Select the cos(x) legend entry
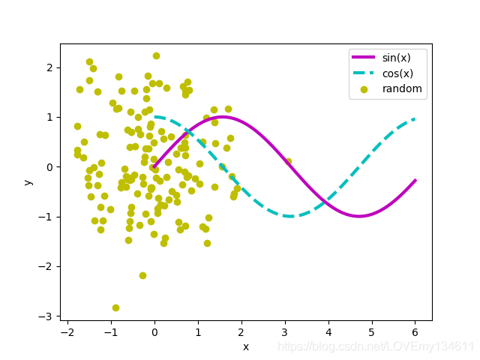[x=397, y=73]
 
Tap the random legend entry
[x=402, y=88]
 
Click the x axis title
[x=246, y=346]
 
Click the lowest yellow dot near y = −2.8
[x=115, y=307]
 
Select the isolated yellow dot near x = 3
[x=288, y=161]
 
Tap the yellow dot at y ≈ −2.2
[x=142, y=275]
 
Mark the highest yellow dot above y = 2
[x=156, y=55]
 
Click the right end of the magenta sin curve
[x=415, y=181]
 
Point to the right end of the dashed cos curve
[x=415, y=119]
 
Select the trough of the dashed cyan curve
[x=290, y=216]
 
